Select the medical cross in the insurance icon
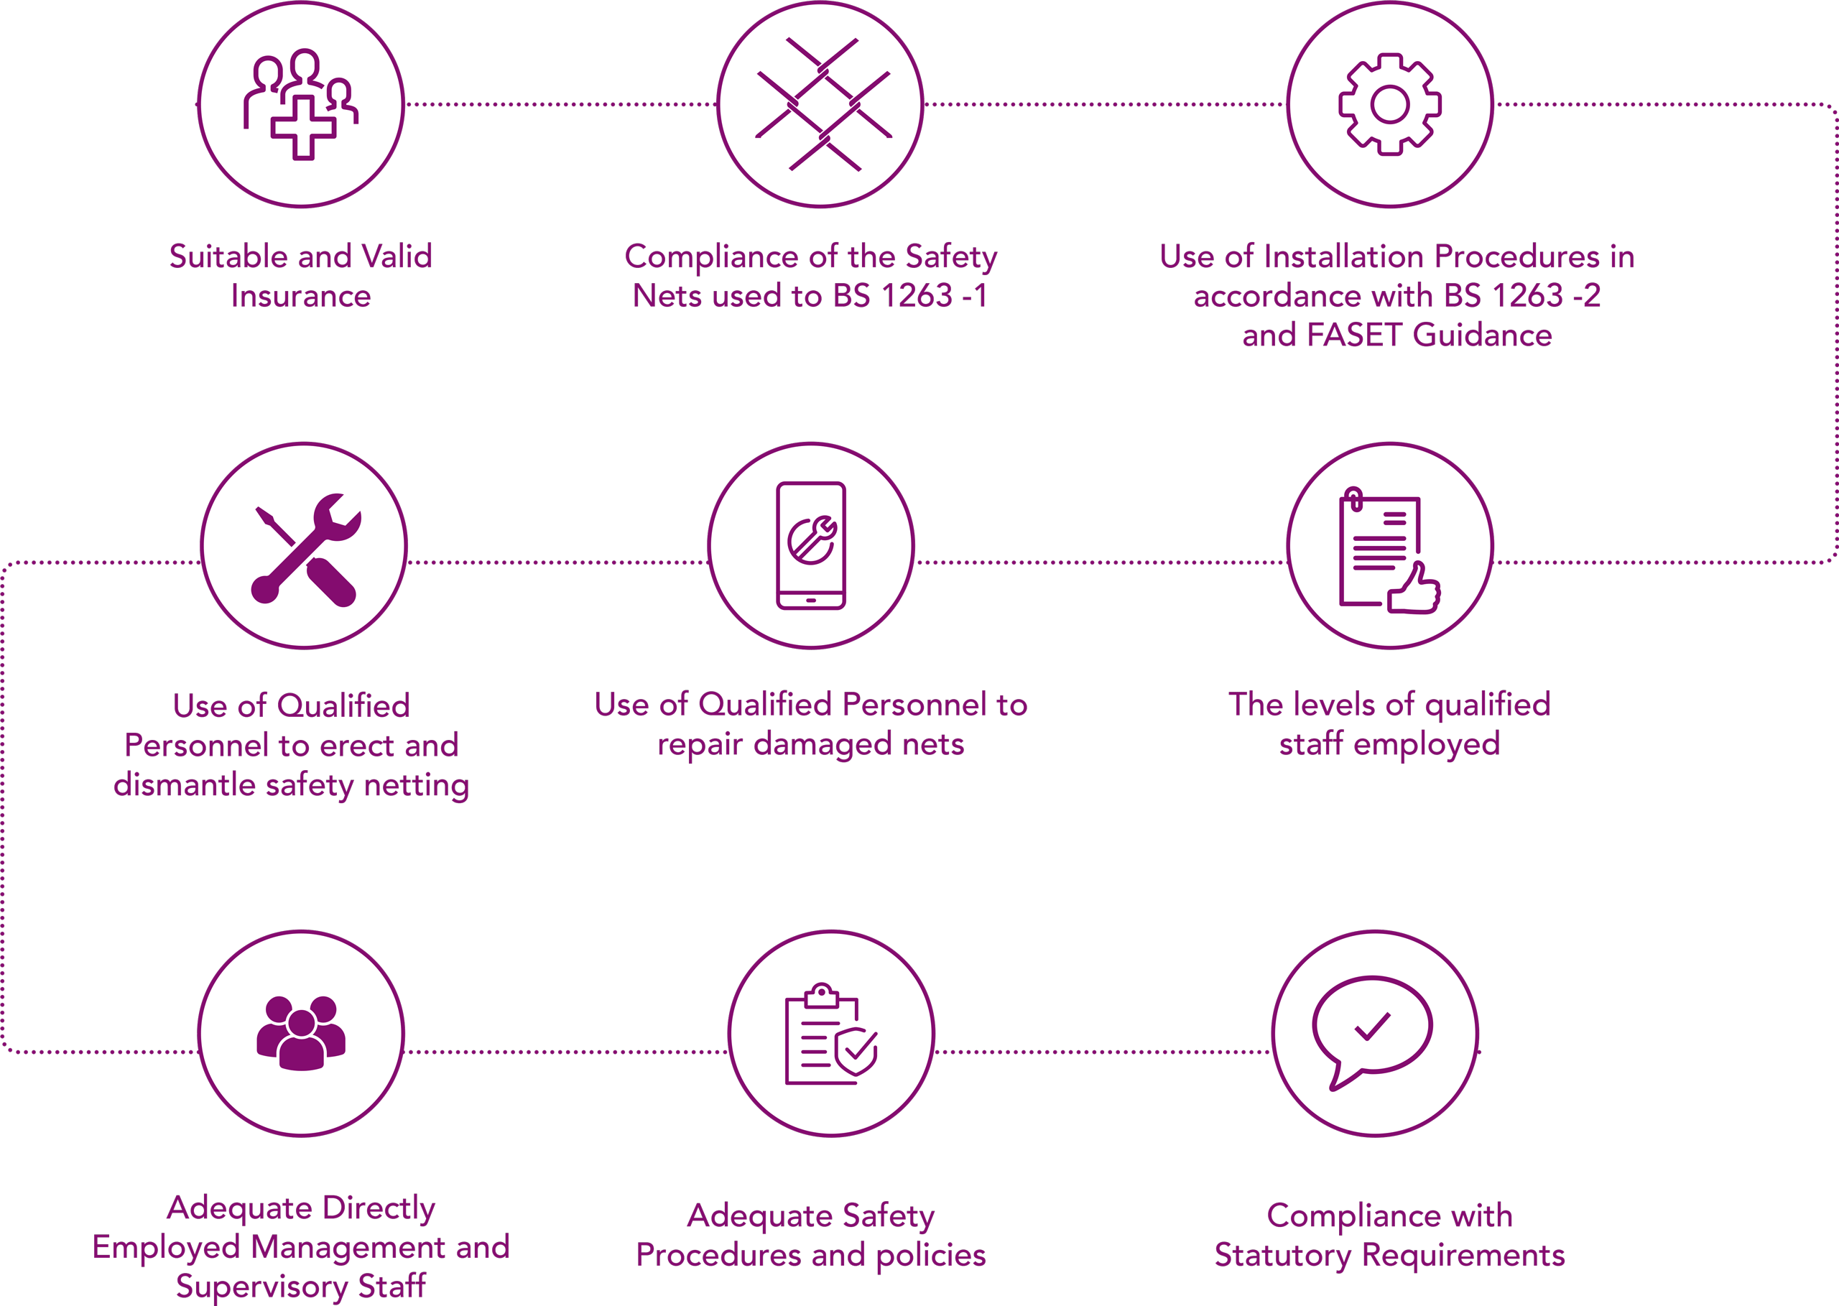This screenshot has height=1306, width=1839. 302,128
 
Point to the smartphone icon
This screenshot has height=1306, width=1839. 810,545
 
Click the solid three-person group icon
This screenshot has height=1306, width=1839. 301,1032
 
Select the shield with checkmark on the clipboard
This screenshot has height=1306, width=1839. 856,1050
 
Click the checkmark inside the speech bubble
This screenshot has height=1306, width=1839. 1372,1026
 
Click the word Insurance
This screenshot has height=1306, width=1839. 301,296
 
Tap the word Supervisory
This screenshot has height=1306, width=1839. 262,1286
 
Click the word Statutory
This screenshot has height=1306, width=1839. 1284,1254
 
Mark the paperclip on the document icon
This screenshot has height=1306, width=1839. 1353,499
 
